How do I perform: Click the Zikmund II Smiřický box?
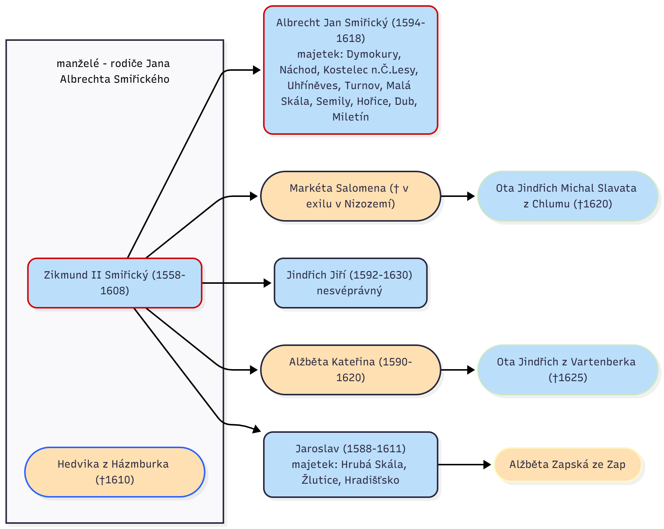coord(115,283)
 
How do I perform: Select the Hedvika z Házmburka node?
coord(115,472)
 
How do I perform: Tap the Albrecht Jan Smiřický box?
coord(350,70)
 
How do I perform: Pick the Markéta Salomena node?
coord(350,196)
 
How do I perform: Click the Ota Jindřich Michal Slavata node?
coord(567,196)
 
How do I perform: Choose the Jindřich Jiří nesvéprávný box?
coord(350,283)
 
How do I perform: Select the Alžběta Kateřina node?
coord(350,370)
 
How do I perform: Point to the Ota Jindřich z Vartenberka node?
coord(567,370)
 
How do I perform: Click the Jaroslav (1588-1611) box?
coord(350,465)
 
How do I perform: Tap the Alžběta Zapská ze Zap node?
coord(567,465)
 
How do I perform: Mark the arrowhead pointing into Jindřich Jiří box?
coord(268,283)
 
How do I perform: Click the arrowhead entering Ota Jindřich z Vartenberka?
coord(471,370)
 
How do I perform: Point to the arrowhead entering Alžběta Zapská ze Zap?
coord(487,465)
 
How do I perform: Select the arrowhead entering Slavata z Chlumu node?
coord(471,196)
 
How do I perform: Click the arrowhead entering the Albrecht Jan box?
coord(257,70)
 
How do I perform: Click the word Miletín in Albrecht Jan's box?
coord(350,117)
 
